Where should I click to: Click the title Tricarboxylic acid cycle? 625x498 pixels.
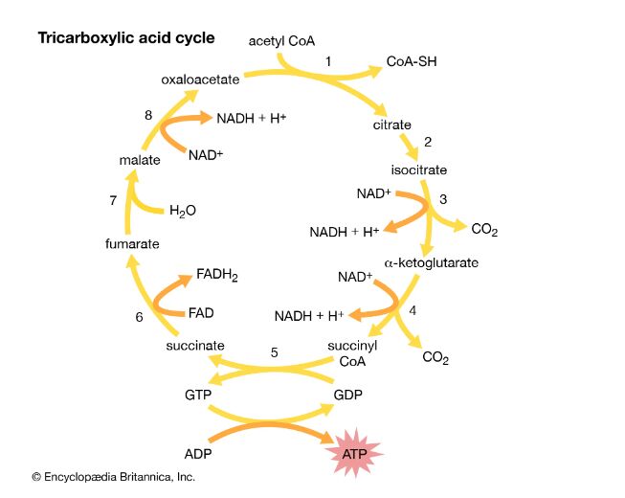(x=125, y=38)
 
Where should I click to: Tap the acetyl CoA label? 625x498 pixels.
(x=281, y=40)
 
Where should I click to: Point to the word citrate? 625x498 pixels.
(x=392, y=124)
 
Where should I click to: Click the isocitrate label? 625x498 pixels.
(x=418, y=170)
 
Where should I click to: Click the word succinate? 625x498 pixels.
(x=195, y=345)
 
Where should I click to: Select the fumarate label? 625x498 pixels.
(x=133, y=244)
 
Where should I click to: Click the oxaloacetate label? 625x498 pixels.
(x=200, y=79)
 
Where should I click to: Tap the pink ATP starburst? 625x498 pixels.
(x=355, y=452)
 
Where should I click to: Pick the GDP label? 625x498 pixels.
(x=348, y=394)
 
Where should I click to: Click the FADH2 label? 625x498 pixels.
(x=217, y=276)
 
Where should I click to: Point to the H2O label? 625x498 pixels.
(x=183, y=211)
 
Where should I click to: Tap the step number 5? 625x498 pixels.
(x=274, y=352)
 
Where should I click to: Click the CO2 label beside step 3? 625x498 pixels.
(x=484, y=230)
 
